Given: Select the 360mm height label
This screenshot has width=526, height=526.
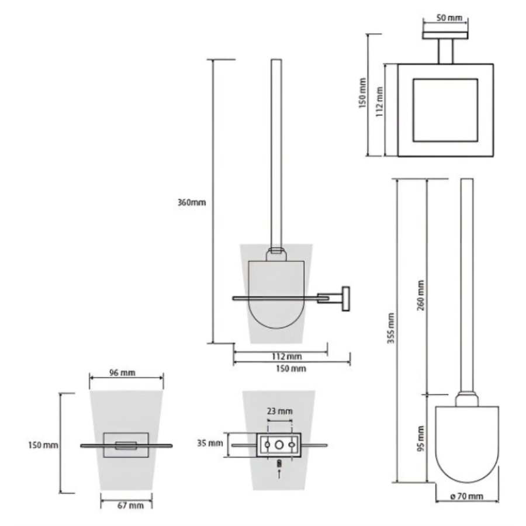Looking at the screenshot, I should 192,203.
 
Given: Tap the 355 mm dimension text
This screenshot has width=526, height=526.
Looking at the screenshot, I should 391,330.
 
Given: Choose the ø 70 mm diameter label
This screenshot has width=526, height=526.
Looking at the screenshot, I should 467,496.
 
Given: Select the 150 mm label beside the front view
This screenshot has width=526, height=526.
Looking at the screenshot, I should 44,445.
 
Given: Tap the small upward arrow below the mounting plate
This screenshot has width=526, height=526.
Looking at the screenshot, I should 279,473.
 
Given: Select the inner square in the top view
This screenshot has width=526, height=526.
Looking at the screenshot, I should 445,110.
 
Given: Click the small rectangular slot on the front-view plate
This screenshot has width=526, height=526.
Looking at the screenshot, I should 126,446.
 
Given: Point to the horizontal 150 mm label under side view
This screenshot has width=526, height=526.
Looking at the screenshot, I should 290,368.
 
